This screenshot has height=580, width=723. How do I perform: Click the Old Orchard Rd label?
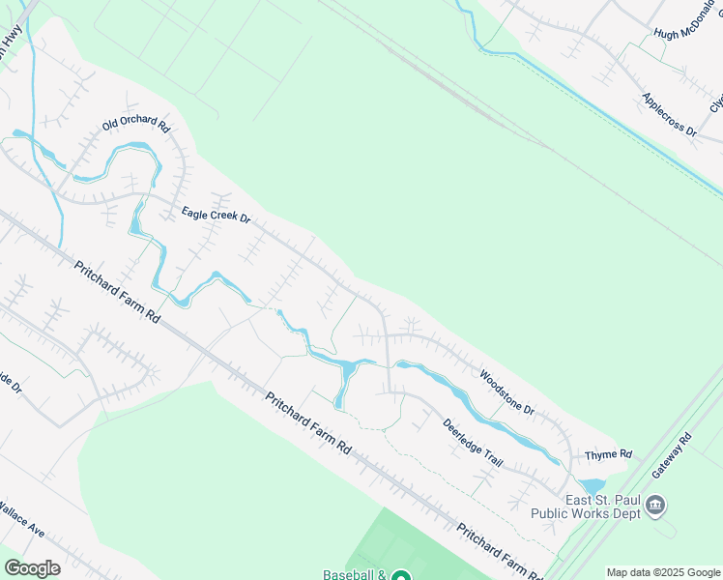tap(136, 127)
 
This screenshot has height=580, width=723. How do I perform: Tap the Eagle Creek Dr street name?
tap(216, 215)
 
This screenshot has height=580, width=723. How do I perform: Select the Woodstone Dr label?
tap(507, 391)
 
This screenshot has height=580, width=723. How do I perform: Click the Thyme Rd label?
tap(609, 454)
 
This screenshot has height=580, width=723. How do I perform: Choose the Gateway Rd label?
tap(673, 452)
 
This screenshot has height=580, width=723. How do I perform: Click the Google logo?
tap(32, 568)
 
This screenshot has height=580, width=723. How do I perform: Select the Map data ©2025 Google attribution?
tap(663, 572)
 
